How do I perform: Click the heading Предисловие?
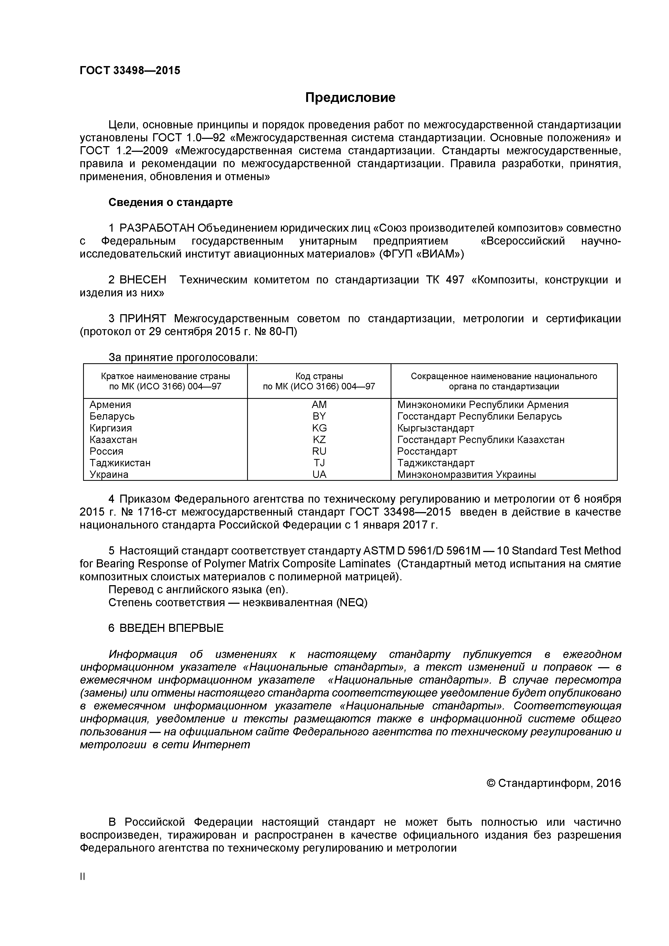pos(350,98)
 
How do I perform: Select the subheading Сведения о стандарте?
pos(170,202)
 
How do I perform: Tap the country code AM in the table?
pos(319,405)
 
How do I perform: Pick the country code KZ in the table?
pos(319,440)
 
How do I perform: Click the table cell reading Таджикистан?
pos(120,463)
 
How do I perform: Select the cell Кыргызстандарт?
pos(435,428)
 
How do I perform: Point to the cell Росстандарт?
pos(427,451)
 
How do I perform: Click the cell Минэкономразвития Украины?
pos(466,474)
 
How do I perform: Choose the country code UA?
pos(319,474)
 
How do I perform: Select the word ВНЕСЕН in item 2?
pos(143,280)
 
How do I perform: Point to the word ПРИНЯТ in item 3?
pos(143,318)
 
